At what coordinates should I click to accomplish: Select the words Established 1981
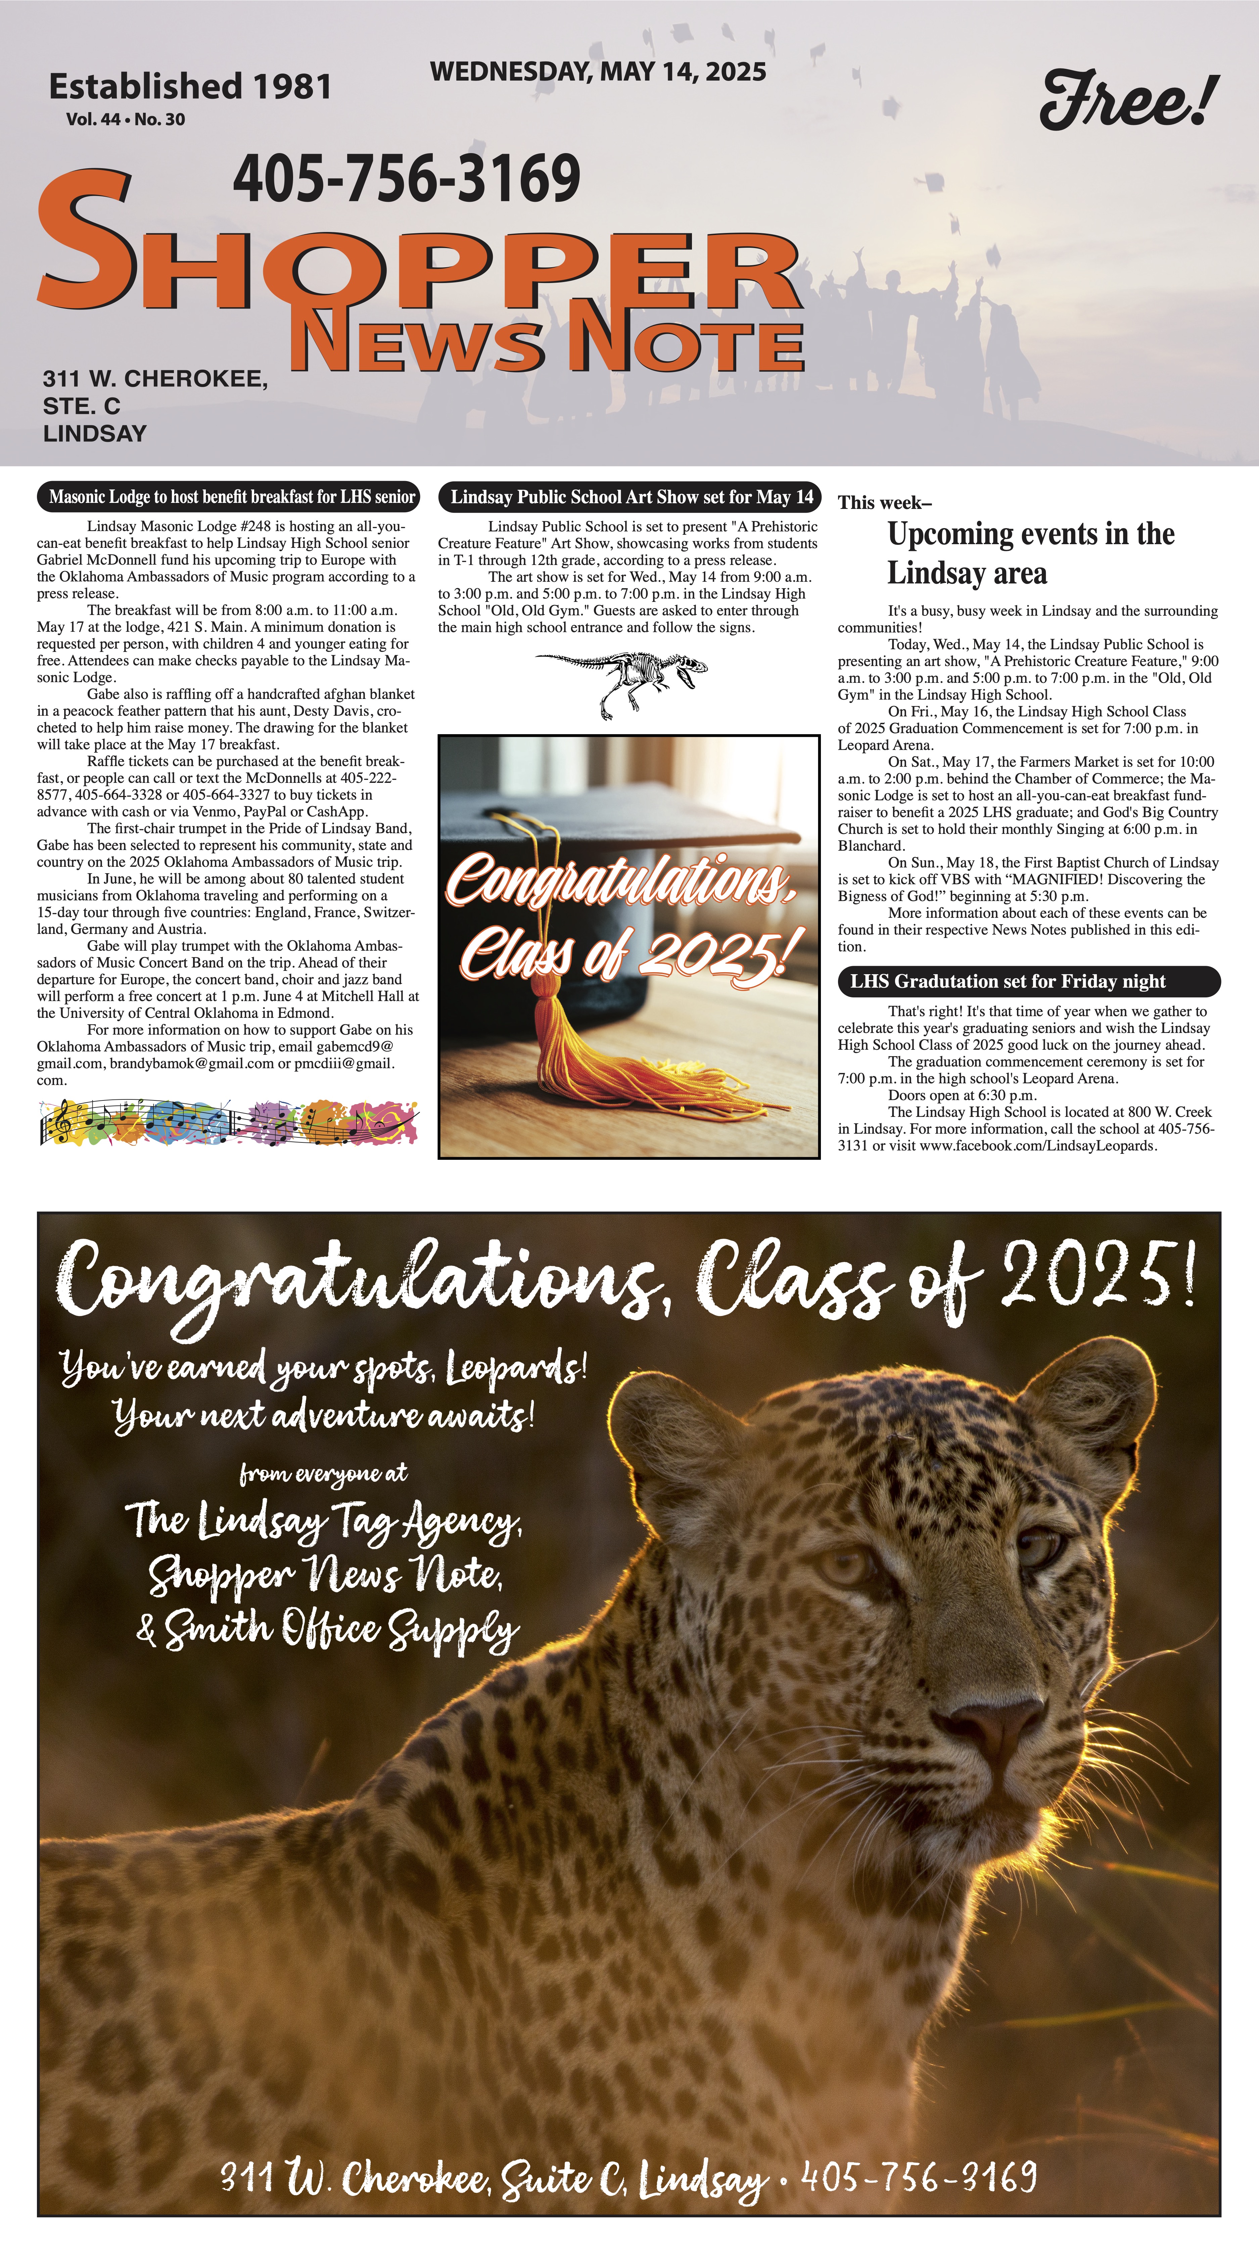click(190, 86)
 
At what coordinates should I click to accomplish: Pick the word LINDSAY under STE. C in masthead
click(95, 434)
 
